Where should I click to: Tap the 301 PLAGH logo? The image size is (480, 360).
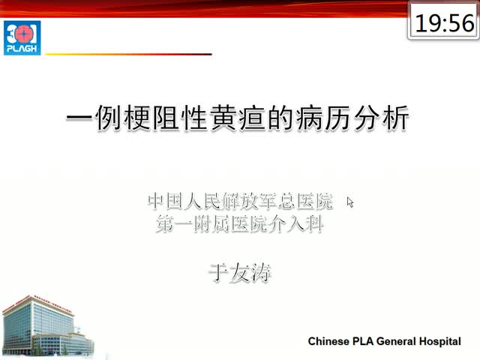click(22, 37)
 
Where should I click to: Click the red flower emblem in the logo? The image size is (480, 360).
click(22, 34)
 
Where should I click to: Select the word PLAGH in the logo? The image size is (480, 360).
click(22, 49)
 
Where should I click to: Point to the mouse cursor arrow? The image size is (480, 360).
click(350, 202)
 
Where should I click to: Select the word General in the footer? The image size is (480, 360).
click(396, 341)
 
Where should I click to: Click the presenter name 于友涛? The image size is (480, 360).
click(240, 272)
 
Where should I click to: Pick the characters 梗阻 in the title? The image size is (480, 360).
click(151, 118)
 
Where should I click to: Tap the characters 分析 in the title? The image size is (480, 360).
click(382, 118)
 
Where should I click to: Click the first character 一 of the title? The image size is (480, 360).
click(79, 118)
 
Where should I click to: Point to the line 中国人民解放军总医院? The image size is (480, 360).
click(240, 201)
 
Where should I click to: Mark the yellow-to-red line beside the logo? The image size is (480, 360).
click(128, 54)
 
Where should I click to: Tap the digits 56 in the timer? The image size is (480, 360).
click(460, 23)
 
